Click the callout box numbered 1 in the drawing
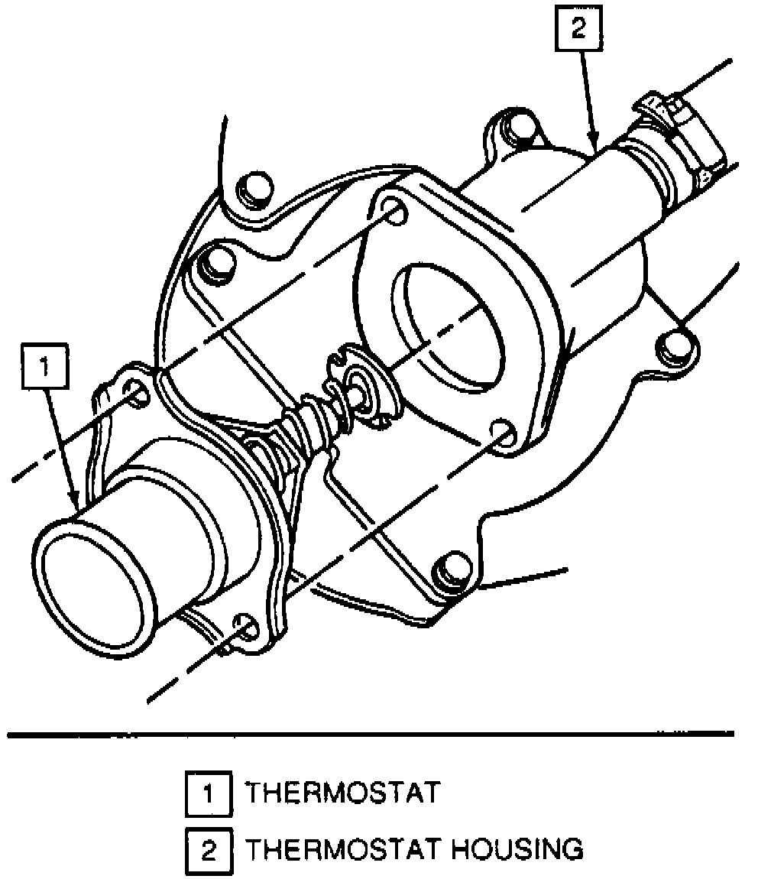[44, 368]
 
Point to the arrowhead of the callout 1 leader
[78, 505]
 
